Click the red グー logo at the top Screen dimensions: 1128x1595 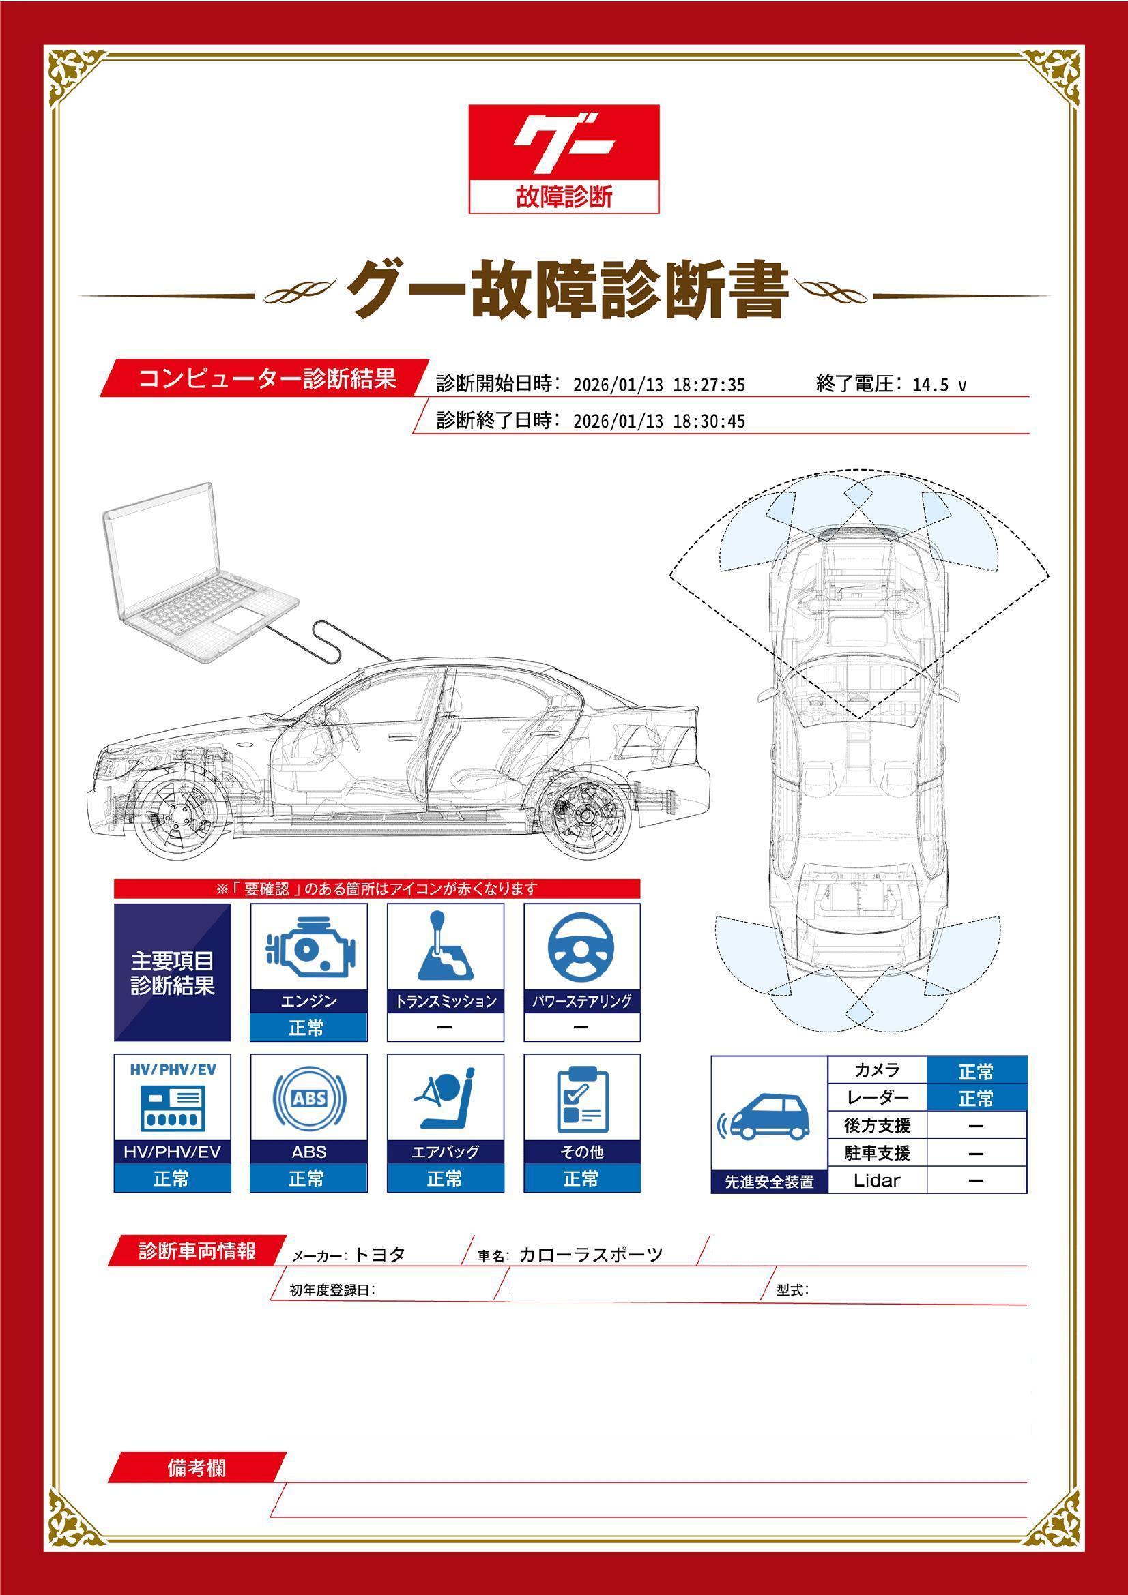pos(564,159)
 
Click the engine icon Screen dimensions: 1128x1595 pos(309,948)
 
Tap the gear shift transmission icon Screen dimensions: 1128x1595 pos(445,944)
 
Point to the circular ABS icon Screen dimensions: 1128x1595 pos(309,1099)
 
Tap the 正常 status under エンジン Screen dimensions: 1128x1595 pos(306,1028)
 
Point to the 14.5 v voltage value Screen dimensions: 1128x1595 pos(939,385)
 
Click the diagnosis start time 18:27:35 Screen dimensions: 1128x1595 pos(709,385)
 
